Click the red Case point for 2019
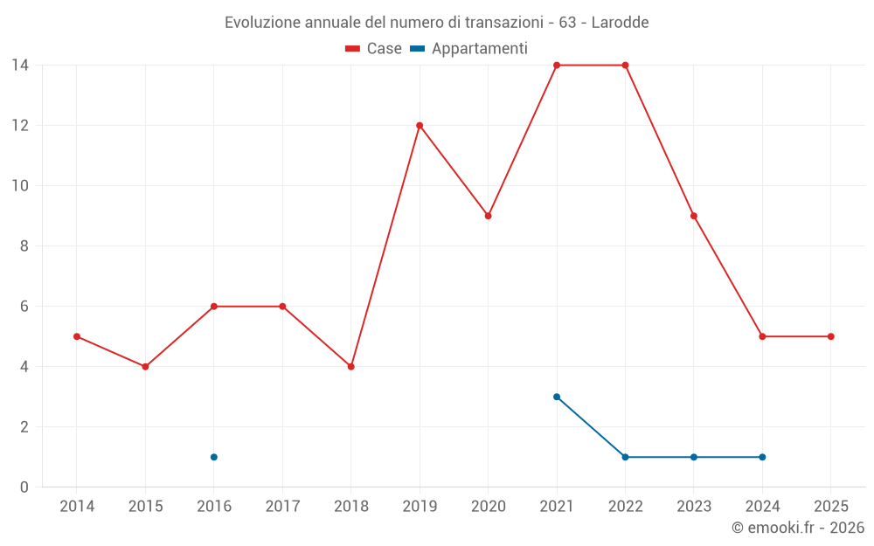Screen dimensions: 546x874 tap(420, 125)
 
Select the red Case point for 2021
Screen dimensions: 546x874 tap(557, 65)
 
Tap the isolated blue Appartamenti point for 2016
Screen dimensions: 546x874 tap(214, 457)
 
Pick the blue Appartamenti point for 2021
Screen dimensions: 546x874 tap(557, 397)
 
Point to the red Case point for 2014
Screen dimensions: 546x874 tap(77, 336)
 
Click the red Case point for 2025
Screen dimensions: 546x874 tap(831, 336)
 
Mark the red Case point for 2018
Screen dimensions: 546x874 tap(351, 367)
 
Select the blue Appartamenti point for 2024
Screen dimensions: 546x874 tap(762, 457)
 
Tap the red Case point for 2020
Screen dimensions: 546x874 tap(488, 216)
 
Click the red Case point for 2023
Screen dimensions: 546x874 tap(694, 216)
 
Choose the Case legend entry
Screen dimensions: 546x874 tap(374, 49)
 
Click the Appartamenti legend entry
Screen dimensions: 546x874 tap(469, 49)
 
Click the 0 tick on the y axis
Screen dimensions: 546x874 tap(24, 487)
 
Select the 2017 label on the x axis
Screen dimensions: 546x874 tap(282, 506)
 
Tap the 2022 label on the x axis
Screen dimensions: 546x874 tap(625, 506)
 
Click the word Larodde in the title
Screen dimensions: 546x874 tap(620, 22)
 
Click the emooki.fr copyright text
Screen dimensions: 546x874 tap(798, 528)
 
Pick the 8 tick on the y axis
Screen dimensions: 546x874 tap(24, 246)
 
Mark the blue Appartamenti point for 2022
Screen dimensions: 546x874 tap(625, 457)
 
